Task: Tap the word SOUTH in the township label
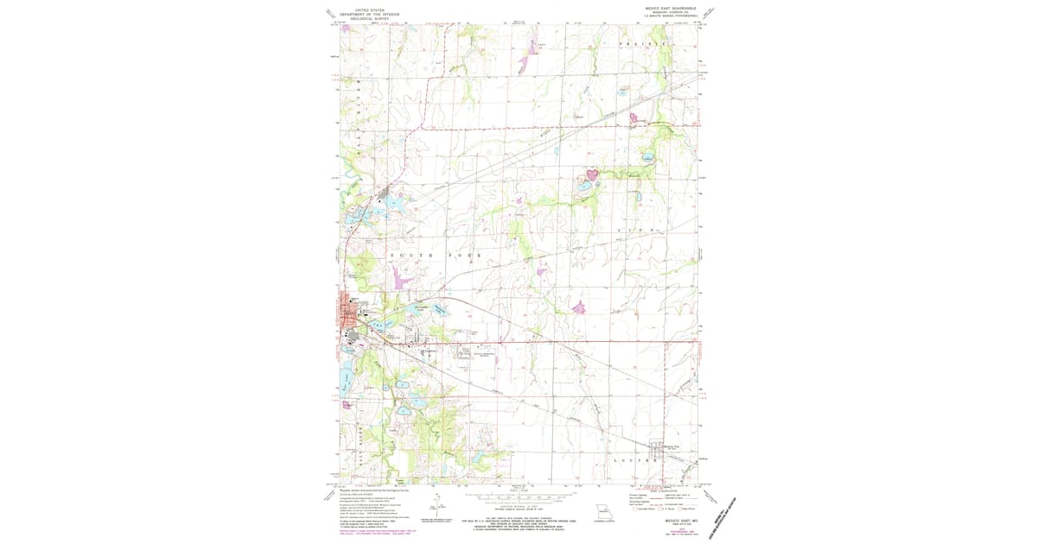tap(406, 256)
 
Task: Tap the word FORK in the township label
tap(465, 256)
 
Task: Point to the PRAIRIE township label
tap(643, 42)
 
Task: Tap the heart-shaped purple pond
tap(592, 174)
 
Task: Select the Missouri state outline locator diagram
tap(607, 511)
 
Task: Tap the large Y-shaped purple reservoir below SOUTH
tap(400, 278)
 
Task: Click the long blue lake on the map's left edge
tap(346, 381)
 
